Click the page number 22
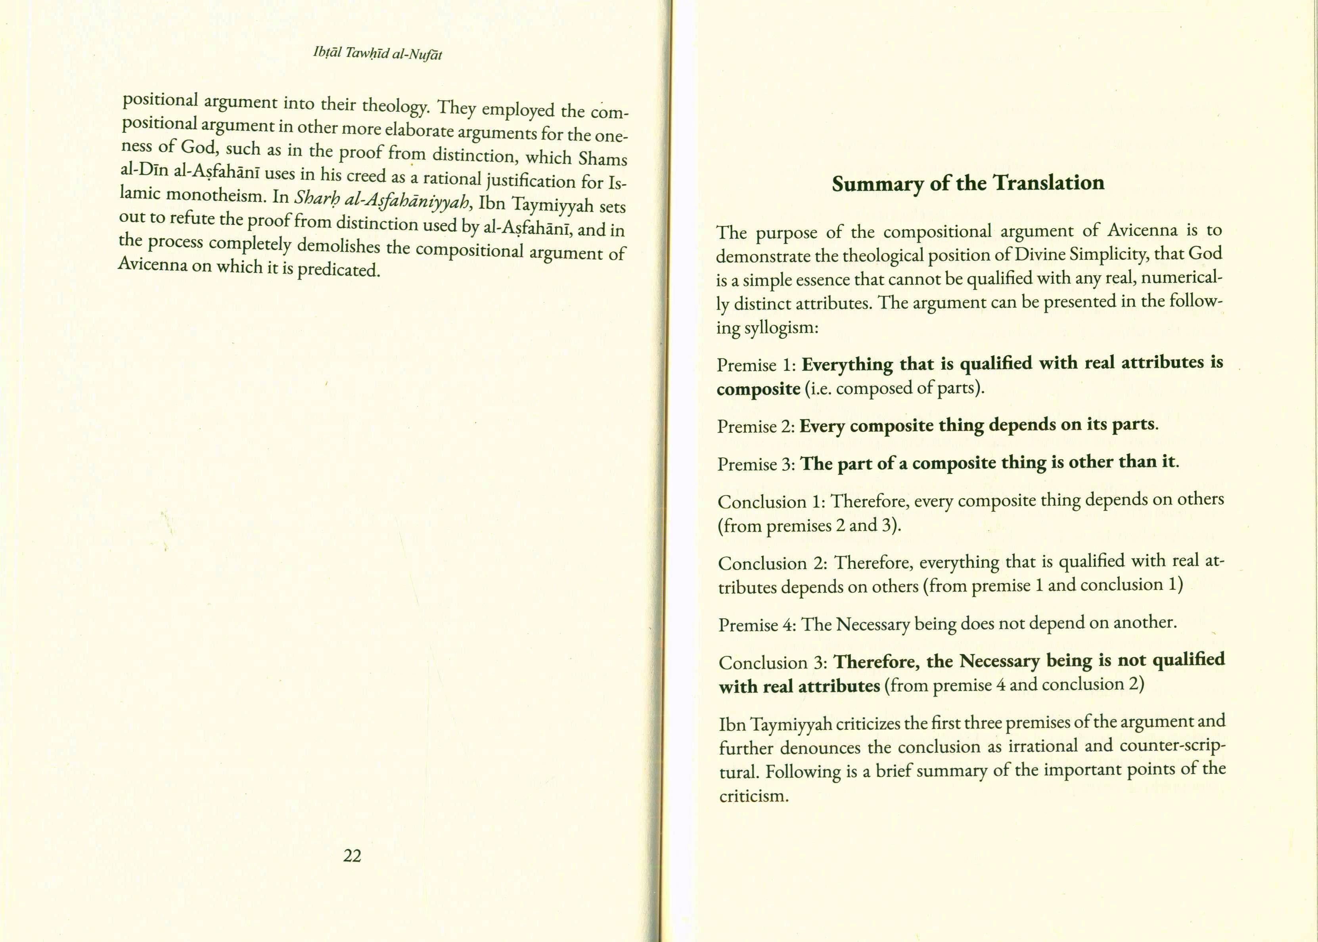[352, 856]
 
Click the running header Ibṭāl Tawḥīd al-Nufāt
[377, 54]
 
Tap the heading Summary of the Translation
[968, 183]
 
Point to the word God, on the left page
[198, 147]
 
